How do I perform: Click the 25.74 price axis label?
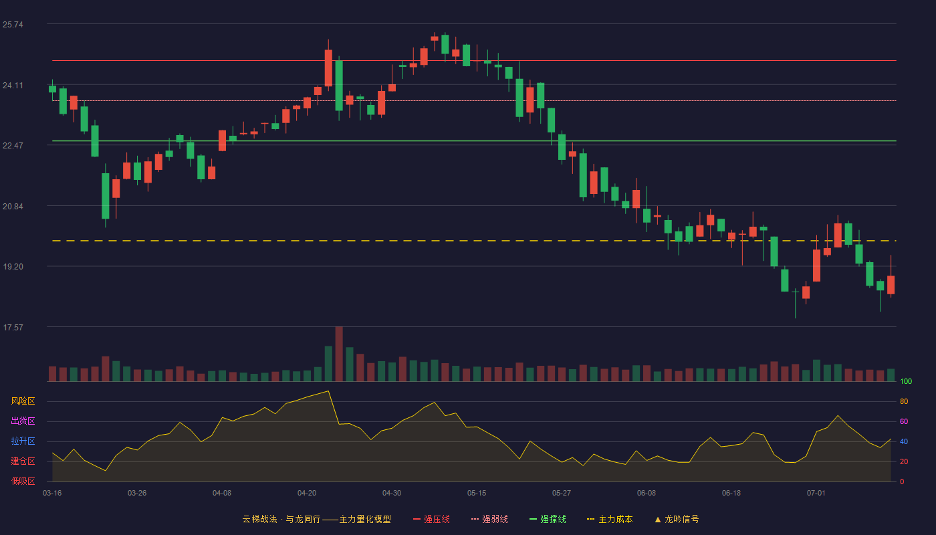point(13,25)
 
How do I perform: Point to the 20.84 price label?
point(13,207)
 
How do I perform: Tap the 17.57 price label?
point(13,328)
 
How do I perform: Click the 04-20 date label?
point(307,494)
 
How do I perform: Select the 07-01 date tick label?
point(816,494)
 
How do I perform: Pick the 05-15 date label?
point(477,494)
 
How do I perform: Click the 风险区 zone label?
point(23,401)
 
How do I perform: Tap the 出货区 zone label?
point(23,421)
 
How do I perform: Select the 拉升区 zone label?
point(23,441)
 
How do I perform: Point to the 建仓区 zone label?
point(23,461)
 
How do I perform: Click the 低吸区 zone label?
point(23,481)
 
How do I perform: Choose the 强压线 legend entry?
point(431,519)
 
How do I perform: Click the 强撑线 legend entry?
point(548,519)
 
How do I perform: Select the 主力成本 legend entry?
point(610,519)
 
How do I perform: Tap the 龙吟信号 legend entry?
point(677,519)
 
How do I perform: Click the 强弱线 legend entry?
point(489,519)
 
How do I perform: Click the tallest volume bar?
point(339,354)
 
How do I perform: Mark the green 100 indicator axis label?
point(906,381)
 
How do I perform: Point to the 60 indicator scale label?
point(904,421)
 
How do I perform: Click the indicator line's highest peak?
point(328,391)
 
